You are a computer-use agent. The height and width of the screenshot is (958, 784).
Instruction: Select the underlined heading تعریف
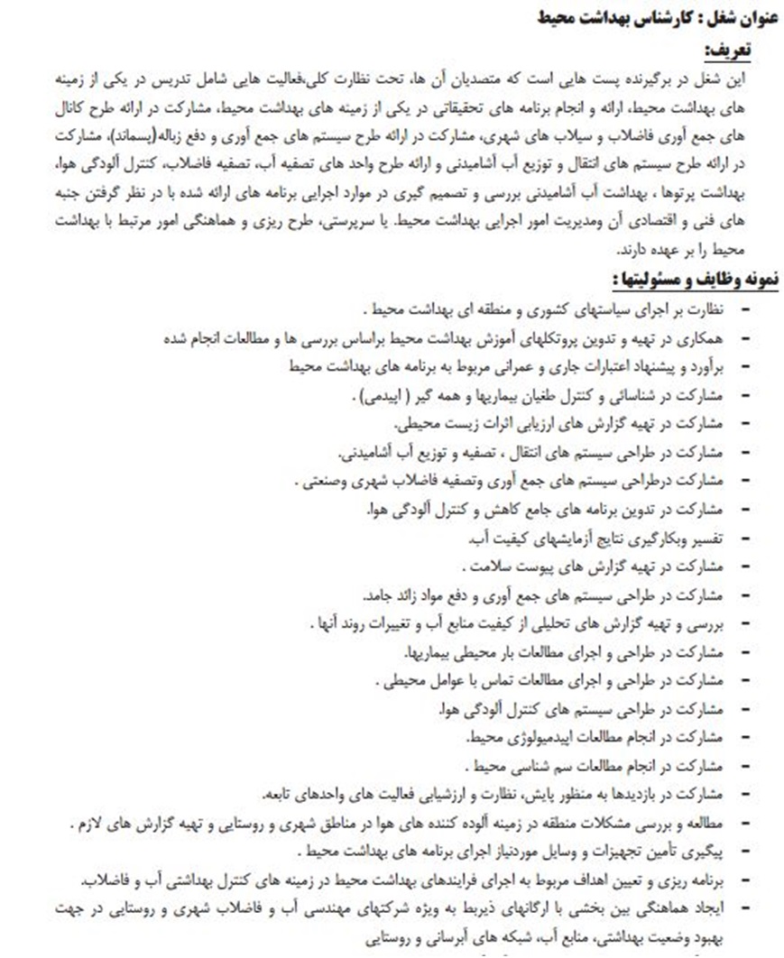751,48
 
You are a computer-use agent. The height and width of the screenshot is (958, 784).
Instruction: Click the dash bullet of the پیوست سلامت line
745,568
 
